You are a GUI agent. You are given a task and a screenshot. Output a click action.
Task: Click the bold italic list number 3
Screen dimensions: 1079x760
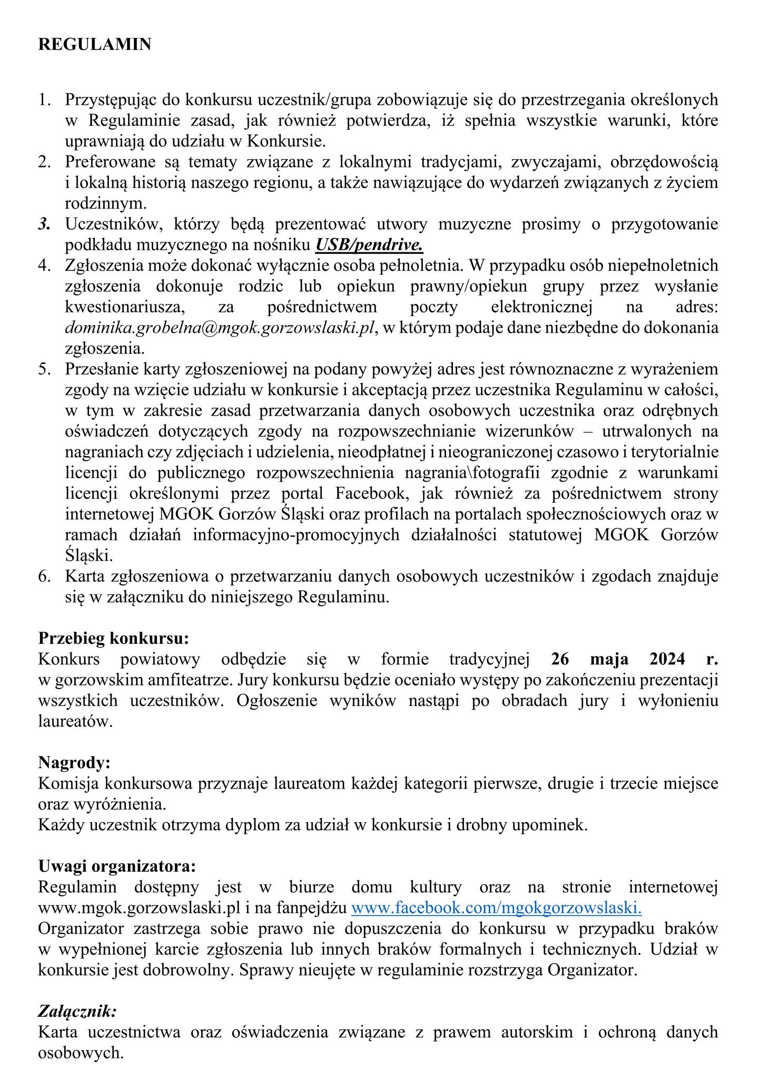pos(44,224)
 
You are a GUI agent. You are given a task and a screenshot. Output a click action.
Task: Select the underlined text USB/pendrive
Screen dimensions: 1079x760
pos(369,245)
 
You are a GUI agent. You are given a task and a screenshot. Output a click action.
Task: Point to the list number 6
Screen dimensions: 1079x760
pos(44,576)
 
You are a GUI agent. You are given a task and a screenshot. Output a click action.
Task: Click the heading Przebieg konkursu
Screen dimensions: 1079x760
pos(113,639)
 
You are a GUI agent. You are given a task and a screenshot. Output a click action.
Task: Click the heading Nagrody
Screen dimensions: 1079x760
pos(74,762)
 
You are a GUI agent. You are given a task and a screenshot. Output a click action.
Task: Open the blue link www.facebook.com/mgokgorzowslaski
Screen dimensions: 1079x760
pos(496,908)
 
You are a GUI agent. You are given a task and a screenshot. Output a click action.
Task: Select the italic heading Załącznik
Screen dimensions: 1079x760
pos(77,1011)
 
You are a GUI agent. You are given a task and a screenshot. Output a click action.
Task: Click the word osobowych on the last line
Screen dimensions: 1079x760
pos(81,1053)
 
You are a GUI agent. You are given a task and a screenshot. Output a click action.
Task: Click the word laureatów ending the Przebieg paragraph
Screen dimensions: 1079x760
pos(75,721)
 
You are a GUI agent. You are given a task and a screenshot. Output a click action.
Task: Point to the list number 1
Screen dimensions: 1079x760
pos(44,100)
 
